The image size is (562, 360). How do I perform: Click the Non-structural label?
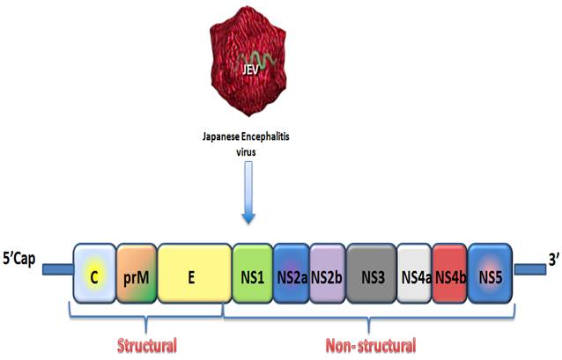(371, 344)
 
